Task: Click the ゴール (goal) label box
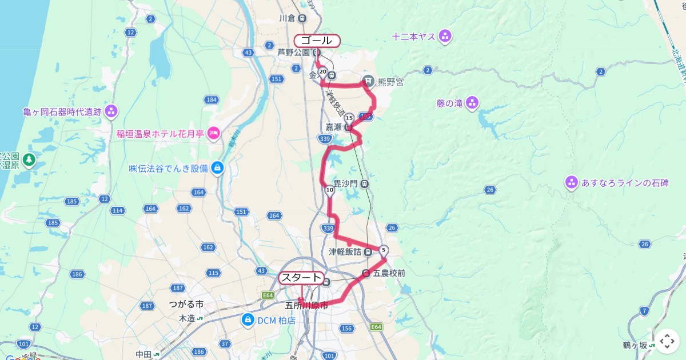[x=317, y=41]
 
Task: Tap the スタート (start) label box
[x=301, y=278]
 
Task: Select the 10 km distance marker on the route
[x=330, y=190]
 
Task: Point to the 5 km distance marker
[x=384, y=250]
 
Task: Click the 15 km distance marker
[x=349, y=118]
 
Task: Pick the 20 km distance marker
[x=323, y=72]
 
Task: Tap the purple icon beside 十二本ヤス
[x=445, y=37]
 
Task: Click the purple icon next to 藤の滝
[x=472, y=103]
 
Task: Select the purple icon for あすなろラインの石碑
[x=571, y=183]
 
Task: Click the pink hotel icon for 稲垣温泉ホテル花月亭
[x=214, y=134]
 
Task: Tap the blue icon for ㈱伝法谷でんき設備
[x=217, y=168]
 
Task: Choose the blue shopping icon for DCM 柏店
[x=248, y=320]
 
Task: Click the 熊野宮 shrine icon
[x=369, y=82]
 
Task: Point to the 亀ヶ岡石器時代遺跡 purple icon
[x=111, y=110]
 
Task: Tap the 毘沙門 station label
[x=345, y=183]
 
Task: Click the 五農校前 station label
[x=389, y=274]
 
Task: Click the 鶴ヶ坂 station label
[x=635, y=345]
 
